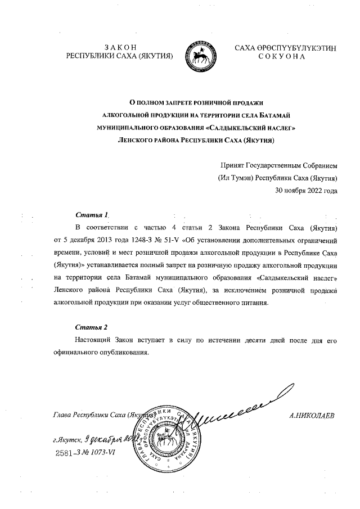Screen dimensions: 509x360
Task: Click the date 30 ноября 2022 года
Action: [x=306, y=191]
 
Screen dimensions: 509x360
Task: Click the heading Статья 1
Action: [x=91, y=215]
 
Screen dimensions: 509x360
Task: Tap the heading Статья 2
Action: [x=91, y=327]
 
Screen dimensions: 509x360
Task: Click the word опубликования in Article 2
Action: [x=124, y=353]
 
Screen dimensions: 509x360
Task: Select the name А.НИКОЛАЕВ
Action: [x=312, y=416]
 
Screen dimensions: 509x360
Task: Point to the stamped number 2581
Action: [x=66, y=453]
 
